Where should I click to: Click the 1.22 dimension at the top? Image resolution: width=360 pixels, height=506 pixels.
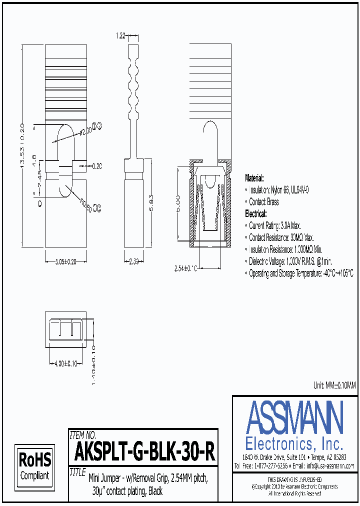[x=120, y=36]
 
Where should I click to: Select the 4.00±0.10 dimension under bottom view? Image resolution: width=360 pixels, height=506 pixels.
[x=64, y=363]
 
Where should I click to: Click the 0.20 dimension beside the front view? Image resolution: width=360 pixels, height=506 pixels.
[x=97, y=166]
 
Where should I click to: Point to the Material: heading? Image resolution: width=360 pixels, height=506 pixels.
[x=254, y=178]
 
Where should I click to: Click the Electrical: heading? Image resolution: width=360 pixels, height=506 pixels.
[x=256, y=213]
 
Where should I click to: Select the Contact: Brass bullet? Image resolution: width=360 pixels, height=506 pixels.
[x=264, y=202]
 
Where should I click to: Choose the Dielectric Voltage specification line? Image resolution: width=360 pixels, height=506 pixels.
[x=290, y=261]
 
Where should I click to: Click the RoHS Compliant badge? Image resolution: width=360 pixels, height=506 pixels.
[x=34, y=466]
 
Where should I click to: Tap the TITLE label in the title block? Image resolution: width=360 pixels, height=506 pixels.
[x=78, y=471]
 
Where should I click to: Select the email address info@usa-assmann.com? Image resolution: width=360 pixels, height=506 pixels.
[x=330, y=465]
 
